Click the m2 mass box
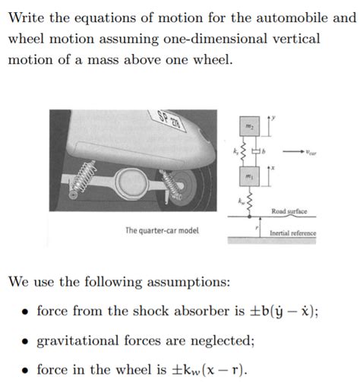[x=251, y=124]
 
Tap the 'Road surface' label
[x=289, y=211]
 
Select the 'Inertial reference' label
[x=292, y=233]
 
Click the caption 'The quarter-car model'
[x=163, y=229]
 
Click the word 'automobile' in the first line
[x=270, y=17]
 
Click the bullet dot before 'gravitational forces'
[x=25, y=341]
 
